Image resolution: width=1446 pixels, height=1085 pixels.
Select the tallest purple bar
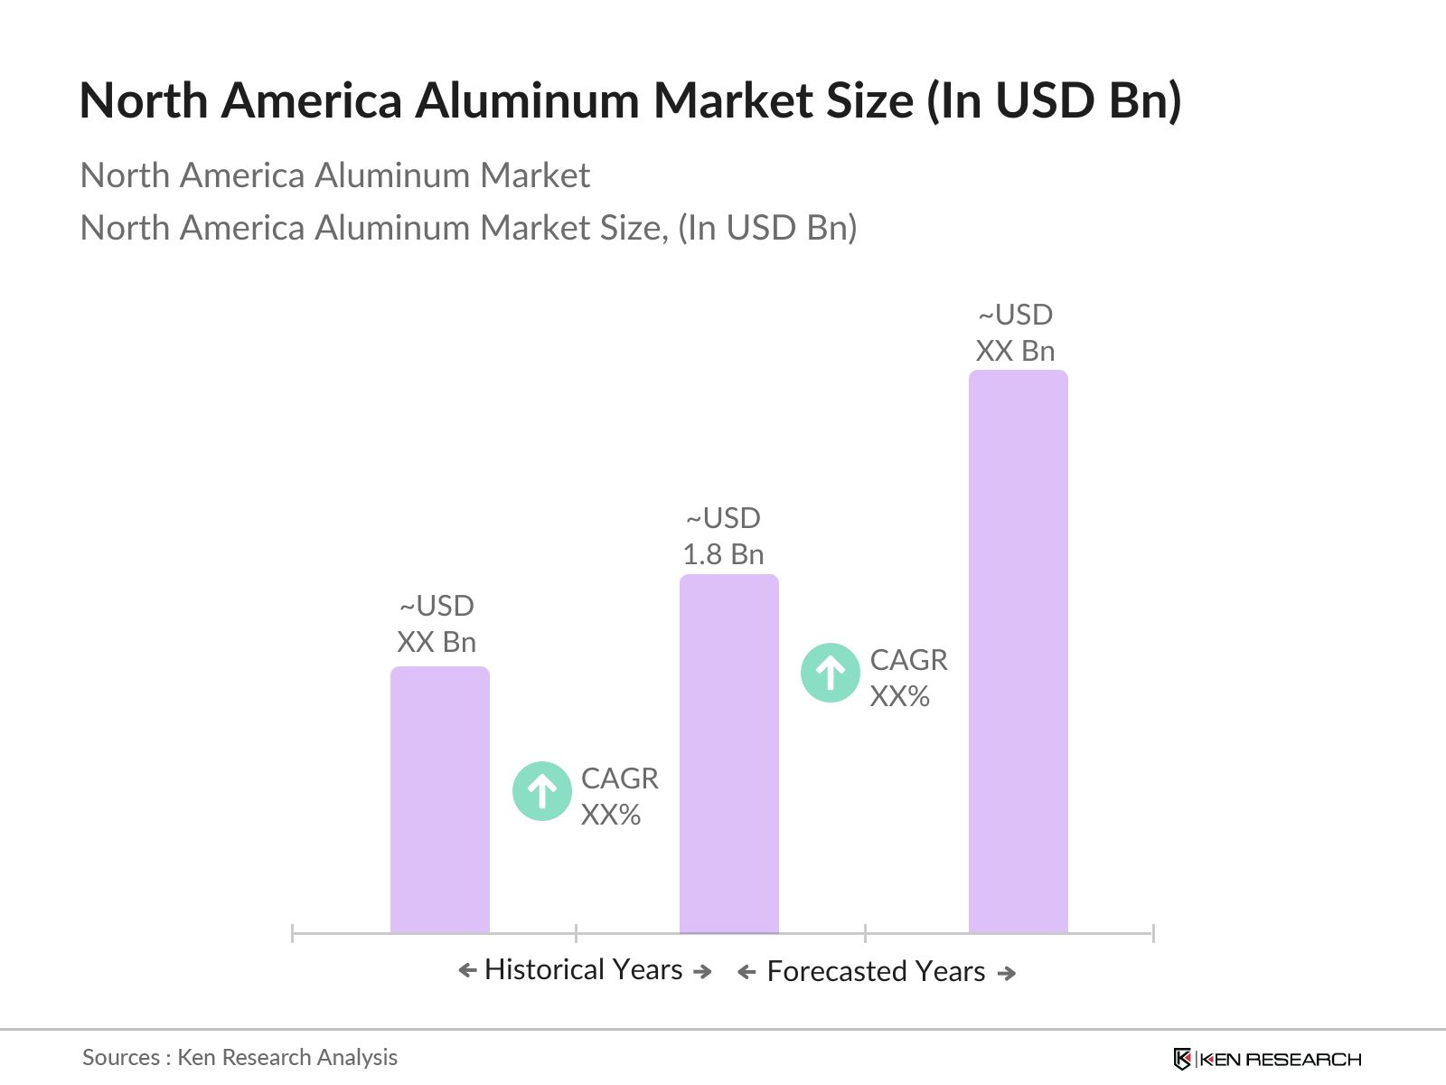tap(1018, 651)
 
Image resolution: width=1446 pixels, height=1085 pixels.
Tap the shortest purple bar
tap(439, 799)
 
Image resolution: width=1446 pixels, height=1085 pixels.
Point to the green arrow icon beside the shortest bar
tap(541, 791)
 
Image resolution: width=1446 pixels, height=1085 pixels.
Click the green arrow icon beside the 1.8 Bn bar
tap(830, 673)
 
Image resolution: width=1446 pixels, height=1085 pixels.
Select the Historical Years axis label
tap(584, 970)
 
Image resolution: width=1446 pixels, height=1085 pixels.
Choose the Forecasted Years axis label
tap(876, 972)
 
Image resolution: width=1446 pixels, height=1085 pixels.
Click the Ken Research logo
tap(1267, 1059)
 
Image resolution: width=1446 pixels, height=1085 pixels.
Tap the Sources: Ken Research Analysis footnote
tap(239, 1057)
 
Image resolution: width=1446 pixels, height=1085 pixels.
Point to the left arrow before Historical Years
tap(467, 971)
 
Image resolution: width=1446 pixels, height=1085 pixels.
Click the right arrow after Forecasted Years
tap(1007, 973)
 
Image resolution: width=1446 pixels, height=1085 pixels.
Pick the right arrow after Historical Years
tap(702, 972)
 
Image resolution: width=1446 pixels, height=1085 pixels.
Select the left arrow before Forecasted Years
tap(746, 973)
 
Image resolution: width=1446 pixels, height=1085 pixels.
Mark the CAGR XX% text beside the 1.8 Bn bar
tap(908, 678)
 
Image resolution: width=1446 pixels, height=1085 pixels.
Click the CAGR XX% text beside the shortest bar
tap(619, 797)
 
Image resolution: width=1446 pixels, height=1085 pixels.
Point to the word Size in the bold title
tap(869, 100)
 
